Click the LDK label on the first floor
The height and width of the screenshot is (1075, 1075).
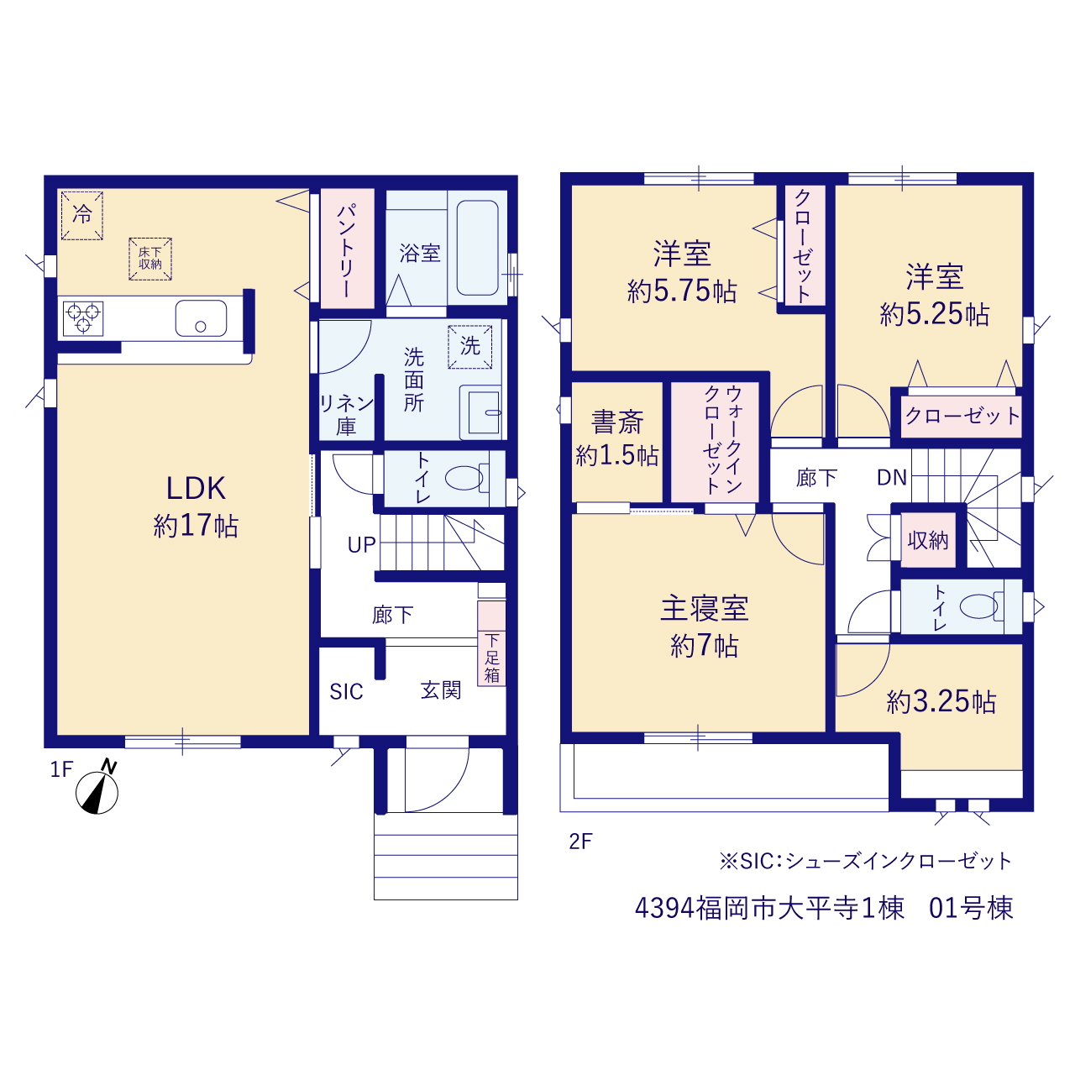(x=196, y=488)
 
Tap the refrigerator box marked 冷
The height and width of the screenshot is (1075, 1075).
(x=82, y=215)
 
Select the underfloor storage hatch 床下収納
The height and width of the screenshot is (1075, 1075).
(x=150, y=259)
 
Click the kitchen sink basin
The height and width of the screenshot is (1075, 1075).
(x=201, y=318)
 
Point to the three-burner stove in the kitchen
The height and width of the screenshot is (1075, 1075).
(x=83, y=318)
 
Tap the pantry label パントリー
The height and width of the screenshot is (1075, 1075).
(x=346, y=251)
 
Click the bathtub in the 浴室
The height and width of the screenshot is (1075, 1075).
(x=477, y=248)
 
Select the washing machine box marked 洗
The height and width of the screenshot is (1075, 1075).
(x=469, y=347)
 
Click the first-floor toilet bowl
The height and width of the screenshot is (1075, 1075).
(x=464, y=478)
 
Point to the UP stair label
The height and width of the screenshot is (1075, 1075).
(x=361, y=545)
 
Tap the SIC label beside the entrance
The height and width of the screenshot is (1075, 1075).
(x=346, y=692)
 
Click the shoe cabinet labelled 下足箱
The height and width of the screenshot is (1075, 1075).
(x=491, y=643)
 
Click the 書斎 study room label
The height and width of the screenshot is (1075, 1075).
(x=617, y=422)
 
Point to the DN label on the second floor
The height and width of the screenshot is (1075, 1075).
(x=892, y=478)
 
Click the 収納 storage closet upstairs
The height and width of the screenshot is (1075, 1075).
(x=928, y=540)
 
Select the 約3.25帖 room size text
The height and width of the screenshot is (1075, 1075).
(x=941, y=702)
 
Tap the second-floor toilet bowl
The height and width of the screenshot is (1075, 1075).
(x=979, y=606)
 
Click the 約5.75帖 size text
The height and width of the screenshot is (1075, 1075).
(x=682, y=291)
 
